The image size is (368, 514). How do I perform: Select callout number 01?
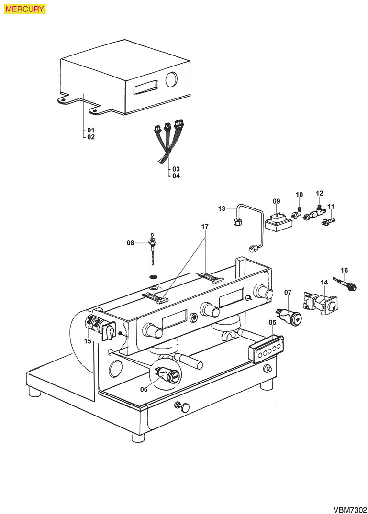[91, 130]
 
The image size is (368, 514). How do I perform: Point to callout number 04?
[176, 175]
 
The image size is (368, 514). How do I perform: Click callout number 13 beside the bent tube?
[221, 208]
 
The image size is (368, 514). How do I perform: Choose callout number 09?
[276, 201]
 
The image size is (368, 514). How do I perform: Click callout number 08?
[130, 243]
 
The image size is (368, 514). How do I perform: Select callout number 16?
[344, 270]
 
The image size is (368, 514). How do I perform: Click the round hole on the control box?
[171, 80]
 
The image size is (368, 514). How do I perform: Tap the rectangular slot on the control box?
[145, 88]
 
